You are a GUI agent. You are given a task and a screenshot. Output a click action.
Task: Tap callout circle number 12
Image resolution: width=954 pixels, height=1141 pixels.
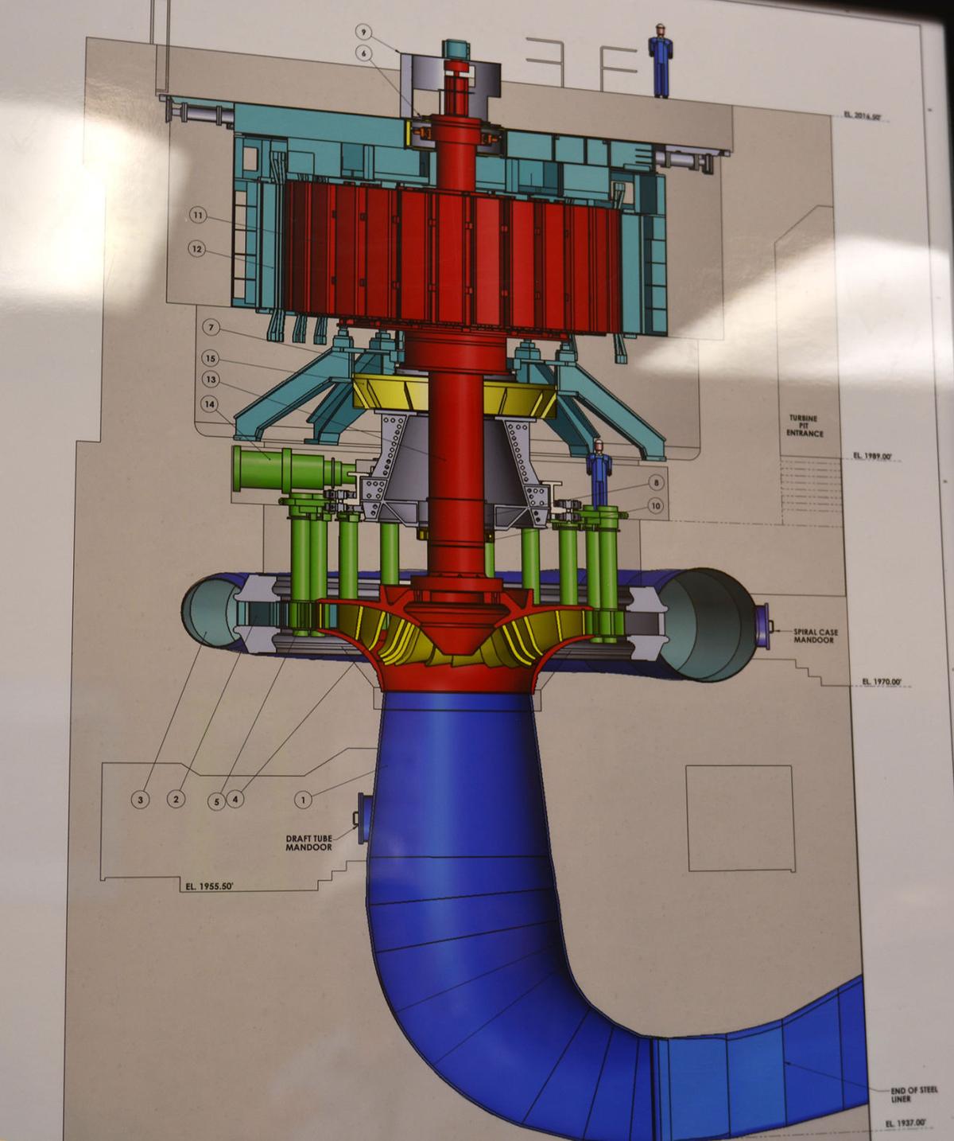click(x=197, y=249)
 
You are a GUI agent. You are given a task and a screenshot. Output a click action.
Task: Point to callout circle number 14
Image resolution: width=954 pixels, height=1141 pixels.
click(x=210, y=404)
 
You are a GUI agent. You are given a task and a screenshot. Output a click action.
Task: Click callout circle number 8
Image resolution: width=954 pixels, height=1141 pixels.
click(x=655, y=483)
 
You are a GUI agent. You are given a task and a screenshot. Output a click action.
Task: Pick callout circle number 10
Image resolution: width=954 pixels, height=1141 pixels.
click(x=655, y=505)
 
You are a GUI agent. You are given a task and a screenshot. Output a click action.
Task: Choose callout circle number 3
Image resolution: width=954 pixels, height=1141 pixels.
click(x=141, y=799)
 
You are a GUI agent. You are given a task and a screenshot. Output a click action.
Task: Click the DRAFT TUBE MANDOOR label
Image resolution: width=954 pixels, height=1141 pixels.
click(x=308, y=842)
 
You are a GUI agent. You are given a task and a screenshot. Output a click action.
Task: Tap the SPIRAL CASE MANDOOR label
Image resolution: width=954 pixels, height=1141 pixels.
click(x=813, y=635)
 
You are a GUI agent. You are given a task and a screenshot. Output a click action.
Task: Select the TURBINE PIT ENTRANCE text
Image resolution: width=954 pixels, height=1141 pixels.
click(x=801, y=426)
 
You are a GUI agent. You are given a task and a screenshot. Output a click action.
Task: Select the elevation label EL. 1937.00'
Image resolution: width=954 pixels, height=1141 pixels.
click(x=906, y=1123)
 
